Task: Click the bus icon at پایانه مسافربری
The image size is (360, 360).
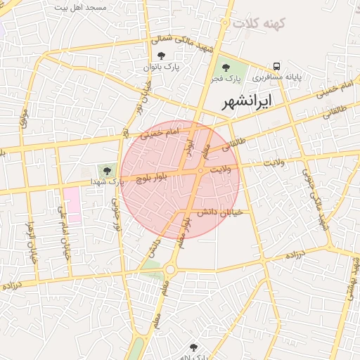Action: click(277, 65)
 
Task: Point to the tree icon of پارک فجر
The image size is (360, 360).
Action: click(226, 67)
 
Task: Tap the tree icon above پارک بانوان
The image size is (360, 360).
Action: click(162, 56)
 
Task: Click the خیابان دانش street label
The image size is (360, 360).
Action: click(220, 212)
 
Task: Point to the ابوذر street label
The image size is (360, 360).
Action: click(188, 143)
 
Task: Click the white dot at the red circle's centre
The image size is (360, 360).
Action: click(201, 171)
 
